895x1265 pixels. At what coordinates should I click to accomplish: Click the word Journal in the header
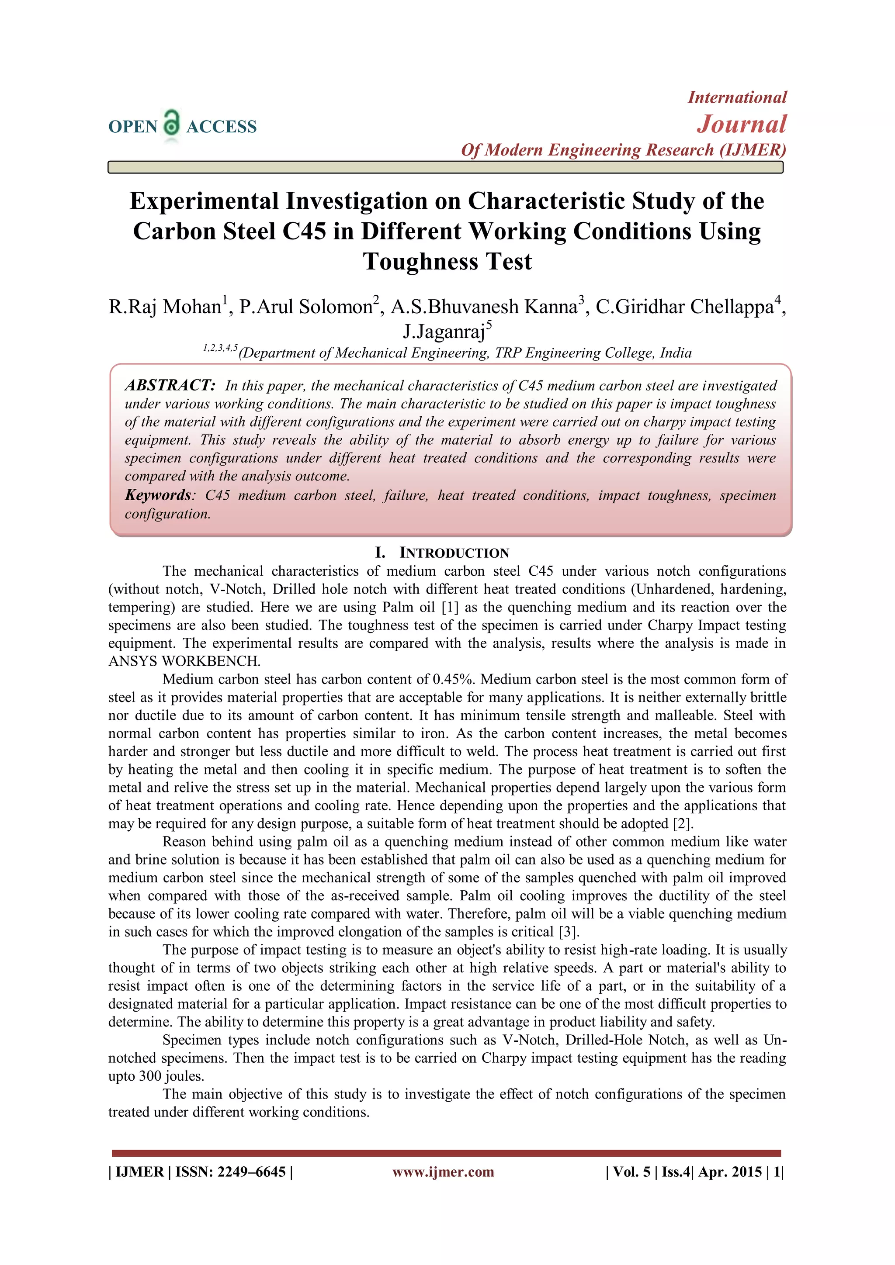click(x=742, y=124)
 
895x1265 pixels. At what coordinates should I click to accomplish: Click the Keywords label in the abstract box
click(x=158, y=495)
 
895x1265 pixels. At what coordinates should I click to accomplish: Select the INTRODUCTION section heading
click(x=454, y=553)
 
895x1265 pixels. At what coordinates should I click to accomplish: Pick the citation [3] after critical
click(x=569, y=932)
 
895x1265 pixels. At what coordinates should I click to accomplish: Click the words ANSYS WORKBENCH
click(x=184, y=661)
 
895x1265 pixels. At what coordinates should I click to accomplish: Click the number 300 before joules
click(x=150, y=1076)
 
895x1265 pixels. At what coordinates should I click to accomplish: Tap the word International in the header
click(x=737, y=97)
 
